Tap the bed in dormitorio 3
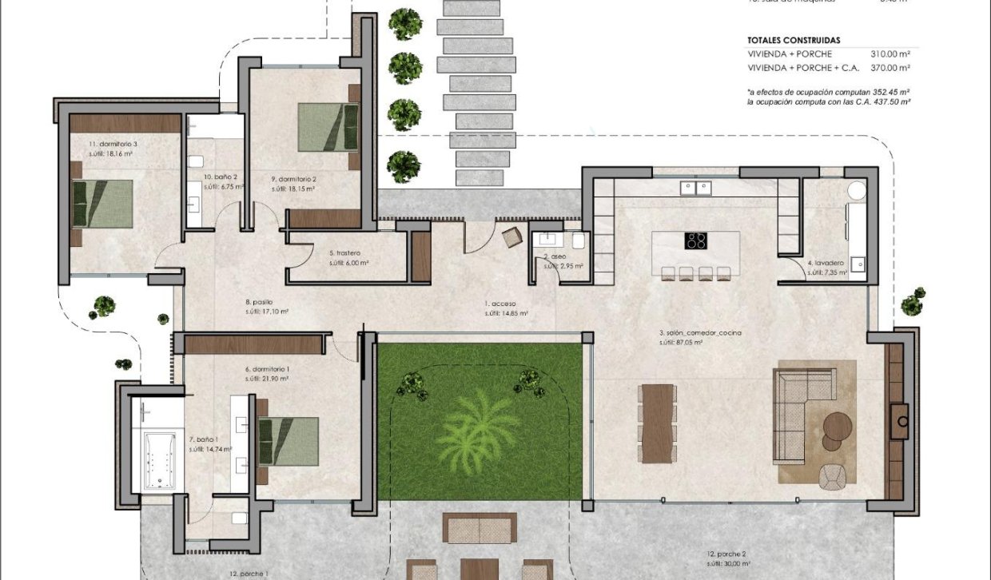[102, 204]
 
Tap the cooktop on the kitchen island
[696, 240]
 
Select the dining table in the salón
[658, 423]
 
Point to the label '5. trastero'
[344, 253]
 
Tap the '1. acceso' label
[501, 304]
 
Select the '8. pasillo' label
[259, 302]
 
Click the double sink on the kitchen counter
[695, 188]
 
